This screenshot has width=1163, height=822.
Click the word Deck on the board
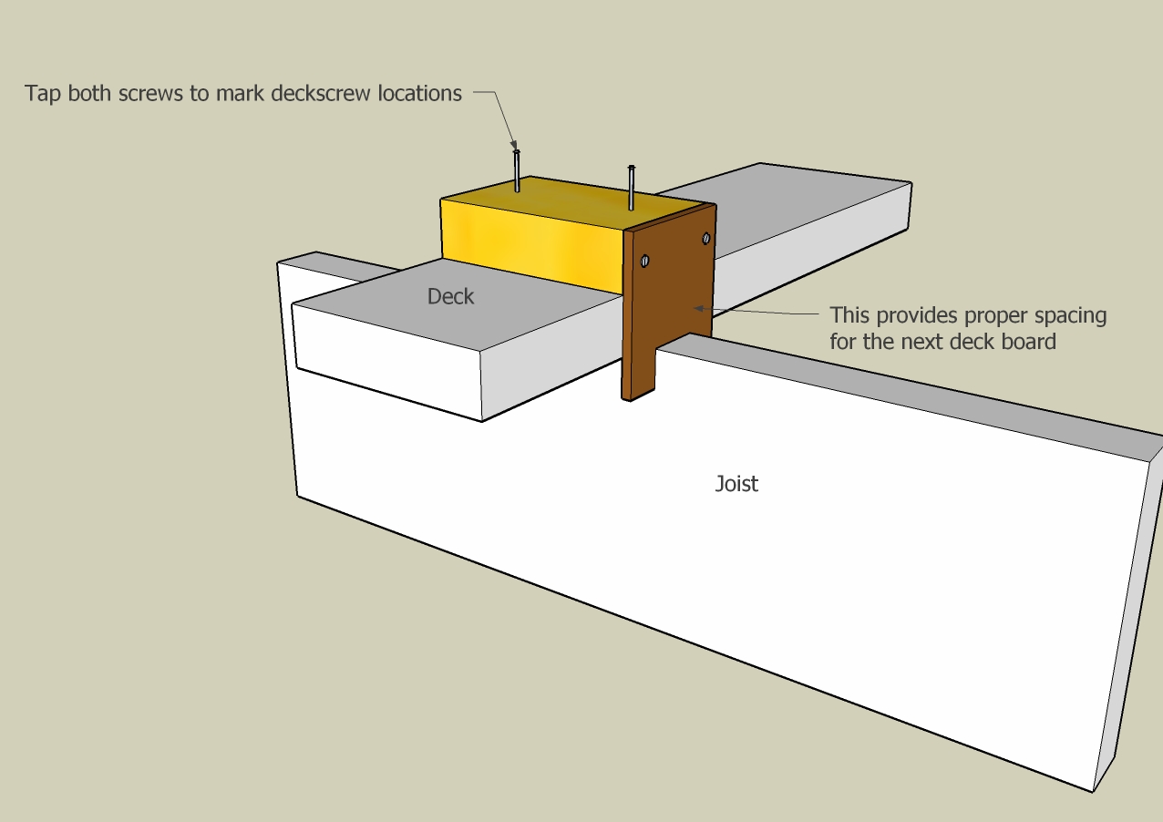[x=450, y=296]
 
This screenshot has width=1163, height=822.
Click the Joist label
[x=736, y=483]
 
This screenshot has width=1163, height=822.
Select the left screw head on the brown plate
[x=645, y=261]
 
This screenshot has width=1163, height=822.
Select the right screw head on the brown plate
[x=705, y=239]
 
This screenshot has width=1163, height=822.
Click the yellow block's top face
[x=574, y=200]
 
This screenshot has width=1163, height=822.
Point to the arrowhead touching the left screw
[x=514, y=145]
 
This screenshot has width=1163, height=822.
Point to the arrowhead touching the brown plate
[x=700, y=308]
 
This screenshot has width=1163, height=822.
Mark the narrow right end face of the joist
[x=1127, y=620]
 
